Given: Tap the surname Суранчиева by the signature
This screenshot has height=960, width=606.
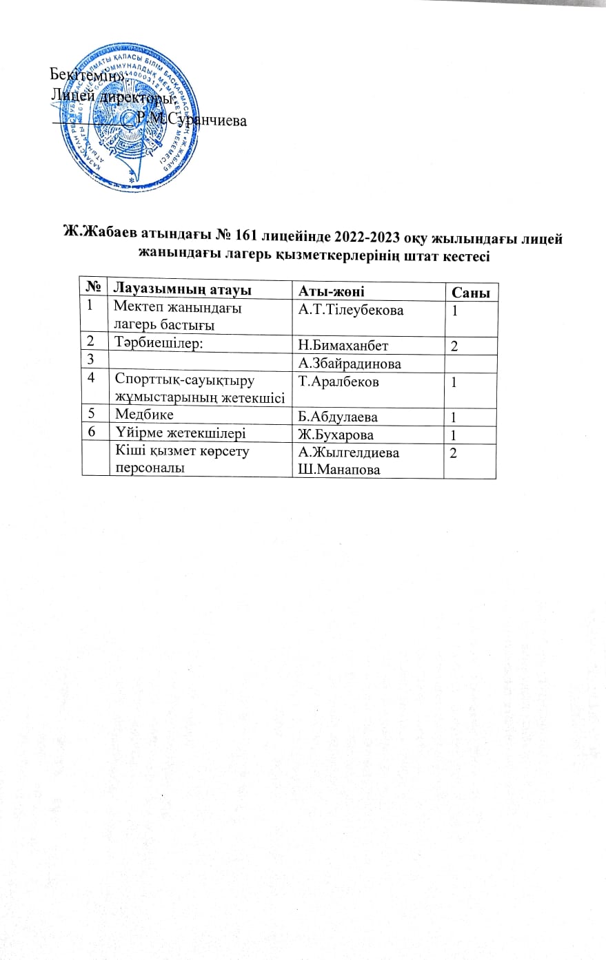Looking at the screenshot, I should [x=207, y=121].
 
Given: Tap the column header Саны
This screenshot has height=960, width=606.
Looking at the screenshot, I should [x=470, y=293].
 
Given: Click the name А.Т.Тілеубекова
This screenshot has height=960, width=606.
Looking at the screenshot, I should [x=351, y=311].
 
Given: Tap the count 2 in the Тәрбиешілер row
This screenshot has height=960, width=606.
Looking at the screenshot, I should [x=454, y=345].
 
